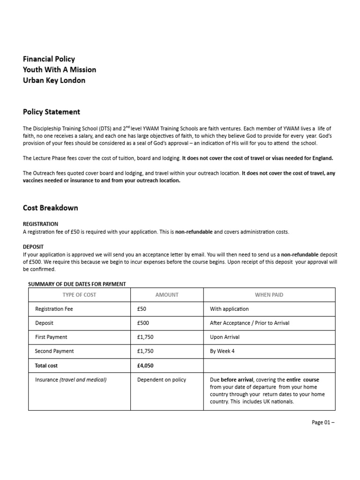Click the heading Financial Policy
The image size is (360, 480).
pos(49,59)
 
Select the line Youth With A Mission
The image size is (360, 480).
pos(60,69)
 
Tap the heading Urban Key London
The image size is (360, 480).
pos(54,80)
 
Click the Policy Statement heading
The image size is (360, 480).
pos(52,112)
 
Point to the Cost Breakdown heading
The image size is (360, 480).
pos(51,208)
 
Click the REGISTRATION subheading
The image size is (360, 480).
pos(40,224)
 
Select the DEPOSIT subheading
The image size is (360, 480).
pos(33,247)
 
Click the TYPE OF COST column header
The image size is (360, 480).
pos(79,295)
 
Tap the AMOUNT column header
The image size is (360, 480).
pos(167,295)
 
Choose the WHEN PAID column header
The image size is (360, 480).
pos(269,295)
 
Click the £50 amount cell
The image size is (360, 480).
pos(142,309)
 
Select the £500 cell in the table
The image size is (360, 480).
pos(143,323)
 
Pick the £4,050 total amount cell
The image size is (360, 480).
pos(145,365)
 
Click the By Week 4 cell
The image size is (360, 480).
pos(223,351)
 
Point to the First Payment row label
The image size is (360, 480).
pos(51,337)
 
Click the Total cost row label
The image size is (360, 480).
pos(46,365)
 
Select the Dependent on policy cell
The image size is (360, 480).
pos(161,380)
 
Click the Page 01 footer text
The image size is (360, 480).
pos(323,422)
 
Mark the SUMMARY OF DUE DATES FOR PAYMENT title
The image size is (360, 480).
pos(77,284)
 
